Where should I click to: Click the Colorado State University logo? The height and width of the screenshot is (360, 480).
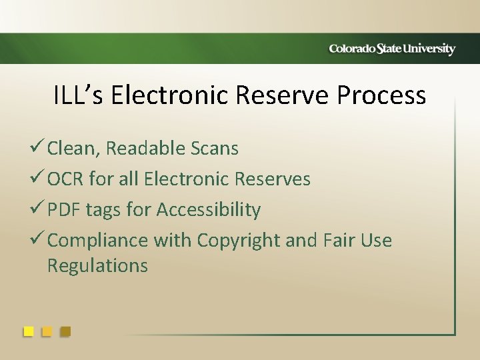[x=392, y=49]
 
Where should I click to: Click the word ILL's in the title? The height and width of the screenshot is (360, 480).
[x=79, y=95]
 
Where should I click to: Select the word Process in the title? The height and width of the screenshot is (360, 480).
[x=381, y=95]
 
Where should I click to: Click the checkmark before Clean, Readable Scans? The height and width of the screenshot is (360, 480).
[x=37, y=148]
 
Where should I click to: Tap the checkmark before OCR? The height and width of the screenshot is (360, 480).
[x=37, y=179]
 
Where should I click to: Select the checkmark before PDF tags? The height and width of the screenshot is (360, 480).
[x=37, y=209]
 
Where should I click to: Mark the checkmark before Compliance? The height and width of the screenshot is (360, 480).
[x=37, y=240]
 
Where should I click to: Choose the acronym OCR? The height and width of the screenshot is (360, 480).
[x=65, y=179]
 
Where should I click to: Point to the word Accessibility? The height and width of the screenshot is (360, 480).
[x=208, y=210]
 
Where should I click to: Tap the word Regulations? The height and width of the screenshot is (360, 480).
[x=97, y=265]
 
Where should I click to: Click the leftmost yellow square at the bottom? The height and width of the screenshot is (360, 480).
[x=28, y=331]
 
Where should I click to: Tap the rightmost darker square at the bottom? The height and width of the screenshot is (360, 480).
[x=65, y=331]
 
